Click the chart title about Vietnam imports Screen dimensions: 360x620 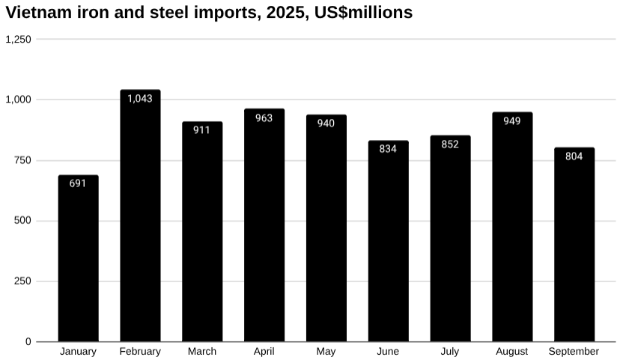[209, 13]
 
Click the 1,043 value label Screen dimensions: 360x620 [140, 98]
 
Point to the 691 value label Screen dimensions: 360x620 [78, 183]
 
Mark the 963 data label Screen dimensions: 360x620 [264, 118]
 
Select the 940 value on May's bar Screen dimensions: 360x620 [326, 123]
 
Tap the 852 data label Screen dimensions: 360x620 [450, 144]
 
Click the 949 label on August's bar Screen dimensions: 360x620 [512, 120]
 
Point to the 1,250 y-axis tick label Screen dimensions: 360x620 [18, 39]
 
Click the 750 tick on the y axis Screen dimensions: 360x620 [22, 160]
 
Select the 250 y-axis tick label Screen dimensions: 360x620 [22, 281]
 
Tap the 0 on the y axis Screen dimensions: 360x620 [28, 342]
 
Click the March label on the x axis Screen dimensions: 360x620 [202, 352]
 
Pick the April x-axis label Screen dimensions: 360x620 [264, 352]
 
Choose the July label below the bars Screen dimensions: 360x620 [450, 352]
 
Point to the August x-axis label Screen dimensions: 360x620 [512, 352]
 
